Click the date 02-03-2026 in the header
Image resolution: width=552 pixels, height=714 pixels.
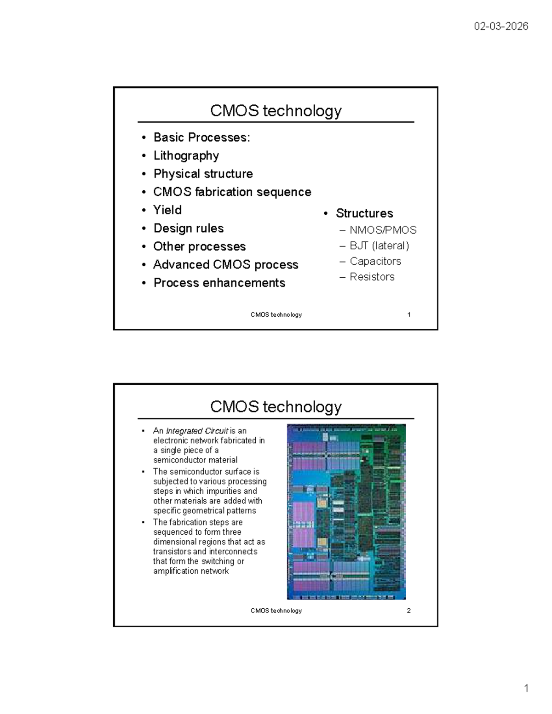[501, 26]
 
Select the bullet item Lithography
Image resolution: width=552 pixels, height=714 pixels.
[186, 156]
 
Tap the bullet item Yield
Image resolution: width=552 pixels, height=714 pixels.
[167, 210]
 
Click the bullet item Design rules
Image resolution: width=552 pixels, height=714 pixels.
[189, 228]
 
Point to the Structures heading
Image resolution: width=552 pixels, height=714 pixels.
[364, 213]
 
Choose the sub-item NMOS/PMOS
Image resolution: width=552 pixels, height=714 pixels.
[383, 230]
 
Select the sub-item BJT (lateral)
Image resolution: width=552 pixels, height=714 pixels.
[379, 246]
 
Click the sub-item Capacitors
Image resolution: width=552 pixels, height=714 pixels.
[375, 261]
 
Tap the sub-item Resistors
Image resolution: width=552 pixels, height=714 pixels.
[372, 277]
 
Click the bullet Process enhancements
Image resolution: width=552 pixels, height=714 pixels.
[219, 283]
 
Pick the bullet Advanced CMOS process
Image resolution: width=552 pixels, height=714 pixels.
[226, 264]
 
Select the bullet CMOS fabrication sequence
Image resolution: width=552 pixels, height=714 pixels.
[232, 192]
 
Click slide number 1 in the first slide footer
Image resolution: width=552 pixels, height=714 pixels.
[408, 314]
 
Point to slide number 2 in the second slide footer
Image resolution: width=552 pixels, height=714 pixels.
[408, 611]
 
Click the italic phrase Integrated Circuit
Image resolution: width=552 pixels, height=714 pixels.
[197, 431]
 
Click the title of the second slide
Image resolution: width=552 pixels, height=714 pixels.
[276, 407]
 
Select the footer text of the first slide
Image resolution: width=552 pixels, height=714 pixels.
[276, 315]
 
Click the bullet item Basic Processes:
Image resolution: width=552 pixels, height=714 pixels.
[202, 137]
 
